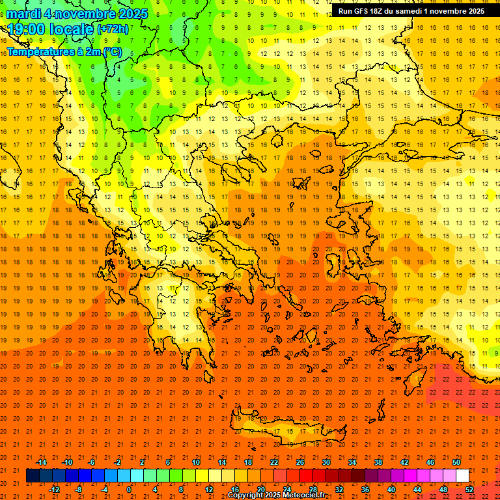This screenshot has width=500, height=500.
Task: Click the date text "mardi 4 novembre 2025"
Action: click(77, 14)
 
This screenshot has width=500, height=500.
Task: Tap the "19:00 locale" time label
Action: click(50, 29)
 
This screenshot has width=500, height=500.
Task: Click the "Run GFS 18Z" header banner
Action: click(411, 11)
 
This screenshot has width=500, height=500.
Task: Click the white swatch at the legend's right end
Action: click(463, 476)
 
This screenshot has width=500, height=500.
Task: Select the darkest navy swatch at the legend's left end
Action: click(33, 476)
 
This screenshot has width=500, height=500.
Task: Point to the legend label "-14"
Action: click(41, 462)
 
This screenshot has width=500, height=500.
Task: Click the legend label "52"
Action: click(469, 490)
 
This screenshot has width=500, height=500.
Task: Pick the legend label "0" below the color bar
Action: click(128, 490)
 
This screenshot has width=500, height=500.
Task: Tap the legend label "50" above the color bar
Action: click(456, 462)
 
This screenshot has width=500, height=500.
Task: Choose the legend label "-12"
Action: click(54, 490)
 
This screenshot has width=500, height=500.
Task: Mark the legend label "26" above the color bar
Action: click(300, 462)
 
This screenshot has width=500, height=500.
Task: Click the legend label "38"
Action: click(378, 462)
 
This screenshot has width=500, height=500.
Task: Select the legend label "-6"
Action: click(92, 462)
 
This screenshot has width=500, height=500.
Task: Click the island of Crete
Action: click(280, 430)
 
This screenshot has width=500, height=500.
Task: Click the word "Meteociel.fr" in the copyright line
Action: click(306, 495)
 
